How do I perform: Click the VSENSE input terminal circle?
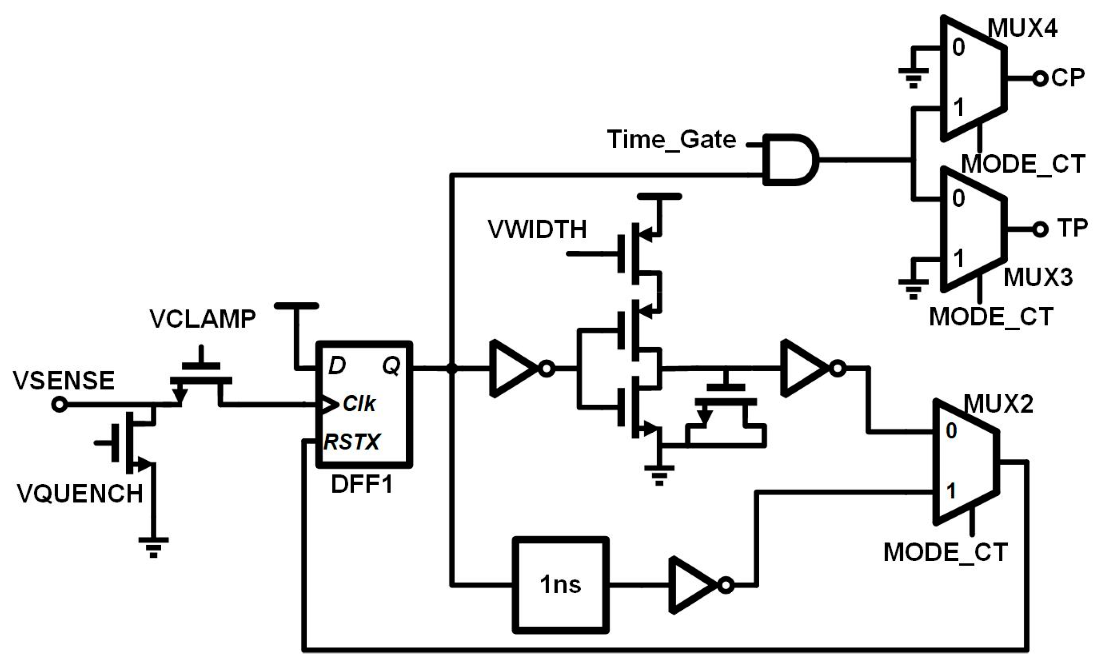coord(59,405)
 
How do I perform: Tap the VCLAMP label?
coord(202,319)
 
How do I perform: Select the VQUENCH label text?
coord(80,493)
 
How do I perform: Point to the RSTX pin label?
coord(352,442)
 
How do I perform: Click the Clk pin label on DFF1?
coord(360,404)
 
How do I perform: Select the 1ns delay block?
coord(560,585)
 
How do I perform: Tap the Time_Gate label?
coord(672,140)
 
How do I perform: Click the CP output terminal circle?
coord(1040,79)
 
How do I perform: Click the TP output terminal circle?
coord(1040,229)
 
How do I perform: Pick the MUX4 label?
coord(1022,29)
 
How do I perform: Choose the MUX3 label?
coord(1038,278)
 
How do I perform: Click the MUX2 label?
coord(998,404)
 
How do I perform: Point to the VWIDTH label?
coord(537,229)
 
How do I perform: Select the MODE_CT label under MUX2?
coord(945,552)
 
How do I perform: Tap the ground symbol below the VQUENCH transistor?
coord(153,546)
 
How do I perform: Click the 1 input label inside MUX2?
coord(951,491)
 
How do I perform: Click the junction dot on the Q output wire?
coord(452,368)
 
